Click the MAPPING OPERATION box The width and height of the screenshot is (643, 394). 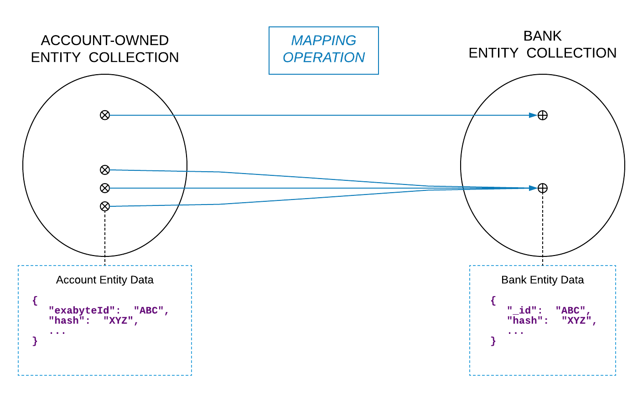tap(323, 50)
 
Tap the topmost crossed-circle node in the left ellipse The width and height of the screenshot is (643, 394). tap(105, 115)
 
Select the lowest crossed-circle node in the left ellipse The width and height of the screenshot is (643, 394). tap(105, 206)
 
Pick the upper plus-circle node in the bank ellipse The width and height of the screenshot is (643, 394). tap(542, 115)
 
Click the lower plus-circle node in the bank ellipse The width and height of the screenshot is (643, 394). tap(542, 188)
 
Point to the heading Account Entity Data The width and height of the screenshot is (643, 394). tap(104, 280)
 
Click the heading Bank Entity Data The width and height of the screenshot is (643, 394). tap(542, 280)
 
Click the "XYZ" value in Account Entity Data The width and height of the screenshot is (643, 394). tap(120, 321)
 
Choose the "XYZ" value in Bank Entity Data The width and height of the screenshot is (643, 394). tap(579, 321)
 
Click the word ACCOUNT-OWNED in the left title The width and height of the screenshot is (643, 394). tap(104, 41)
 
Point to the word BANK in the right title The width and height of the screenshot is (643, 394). tap(542, 36)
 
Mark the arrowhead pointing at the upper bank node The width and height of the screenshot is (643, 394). tap(533, 115)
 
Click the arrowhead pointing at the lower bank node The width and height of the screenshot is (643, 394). tap(533, 188)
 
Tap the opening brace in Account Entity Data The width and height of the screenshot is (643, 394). tap(35, 301)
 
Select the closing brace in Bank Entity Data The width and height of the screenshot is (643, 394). tap(493, 341)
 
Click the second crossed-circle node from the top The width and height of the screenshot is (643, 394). tap(105, 170)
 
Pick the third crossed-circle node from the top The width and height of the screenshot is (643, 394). tap(105, 188)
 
